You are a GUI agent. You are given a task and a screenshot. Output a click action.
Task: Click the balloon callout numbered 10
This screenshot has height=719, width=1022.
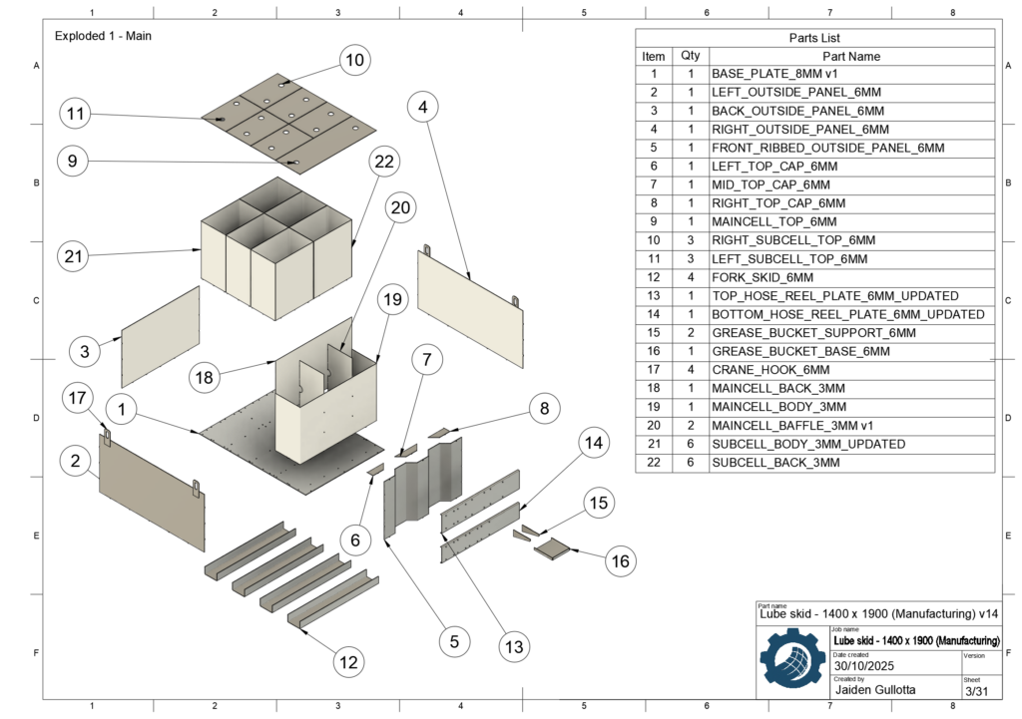click(353, 61)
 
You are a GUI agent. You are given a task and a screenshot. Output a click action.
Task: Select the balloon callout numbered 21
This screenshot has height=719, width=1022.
click(73, 256)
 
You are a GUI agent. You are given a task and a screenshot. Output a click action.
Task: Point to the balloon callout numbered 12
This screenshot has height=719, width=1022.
click(348, 660)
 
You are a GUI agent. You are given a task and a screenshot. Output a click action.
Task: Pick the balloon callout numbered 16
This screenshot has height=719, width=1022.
click(621, 561)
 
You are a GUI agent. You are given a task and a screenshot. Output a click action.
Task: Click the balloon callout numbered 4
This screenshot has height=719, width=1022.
click(424, 106)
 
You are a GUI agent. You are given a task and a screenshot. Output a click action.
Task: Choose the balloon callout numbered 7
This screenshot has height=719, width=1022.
click(426, 359)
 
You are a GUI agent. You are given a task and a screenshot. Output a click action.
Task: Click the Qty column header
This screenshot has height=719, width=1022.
click(690, 56)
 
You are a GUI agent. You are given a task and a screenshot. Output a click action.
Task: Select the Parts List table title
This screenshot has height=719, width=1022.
click(815, 38)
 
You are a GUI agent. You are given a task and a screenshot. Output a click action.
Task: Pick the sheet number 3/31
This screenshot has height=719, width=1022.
click(975, 690)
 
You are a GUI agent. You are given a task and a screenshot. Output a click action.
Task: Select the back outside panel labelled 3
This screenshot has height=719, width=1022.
click(161, 336)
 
